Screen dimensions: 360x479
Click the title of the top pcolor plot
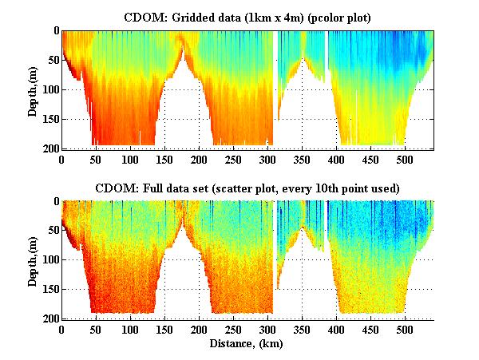(x=247, y=17)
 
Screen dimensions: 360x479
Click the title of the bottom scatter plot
(x=247, y=188)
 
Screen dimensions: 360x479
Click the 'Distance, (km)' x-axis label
(x=247, y=344)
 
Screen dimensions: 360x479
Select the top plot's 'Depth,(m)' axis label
(x=33, y=89)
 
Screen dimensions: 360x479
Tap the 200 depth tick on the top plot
(x=49, y=148)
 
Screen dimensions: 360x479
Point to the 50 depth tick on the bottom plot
(x=52, y=231)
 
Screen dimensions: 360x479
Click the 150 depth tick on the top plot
(x=49, y=119)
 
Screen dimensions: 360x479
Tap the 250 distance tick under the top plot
(x=233, y=158)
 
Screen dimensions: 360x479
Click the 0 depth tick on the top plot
(x=56, y=31)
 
